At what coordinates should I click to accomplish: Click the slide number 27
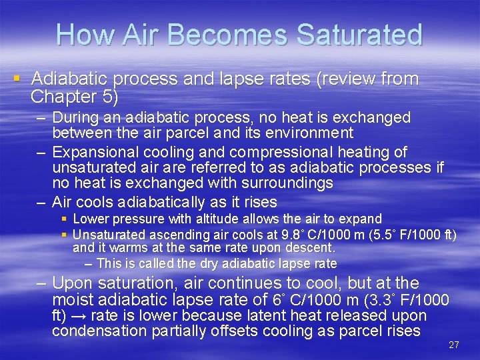(454, 345)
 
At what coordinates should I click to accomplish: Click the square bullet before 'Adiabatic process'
(17, 79)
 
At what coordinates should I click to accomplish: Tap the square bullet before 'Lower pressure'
(64, 219)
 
